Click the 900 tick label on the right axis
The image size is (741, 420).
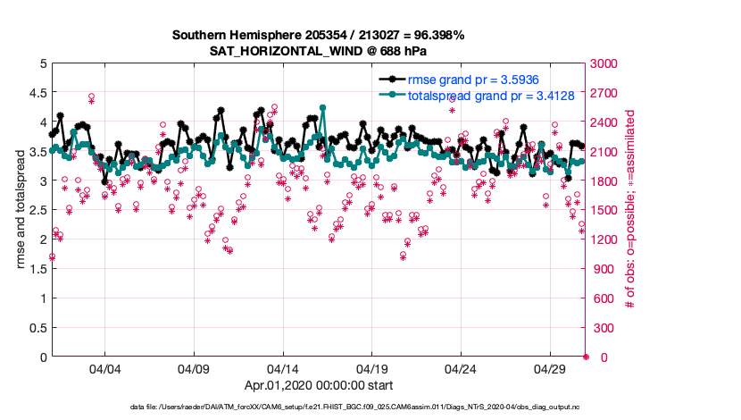pyautogui.click(x=603, y=269)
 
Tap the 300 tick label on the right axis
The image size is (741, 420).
pyautogui.click(x=603, y=328)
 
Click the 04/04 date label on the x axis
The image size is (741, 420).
pyautogui.click(x=104, y=368)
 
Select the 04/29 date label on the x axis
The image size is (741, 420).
pyautogui.click(x=550, y=368)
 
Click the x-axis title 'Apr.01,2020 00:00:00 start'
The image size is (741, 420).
pyautogui.click(x=318, y=386)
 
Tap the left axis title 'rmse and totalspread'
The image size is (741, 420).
pyautogui.click(x=21, y=210)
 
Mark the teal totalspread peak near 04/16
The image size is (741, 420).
pyautogui.click(x=322, y=107)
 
